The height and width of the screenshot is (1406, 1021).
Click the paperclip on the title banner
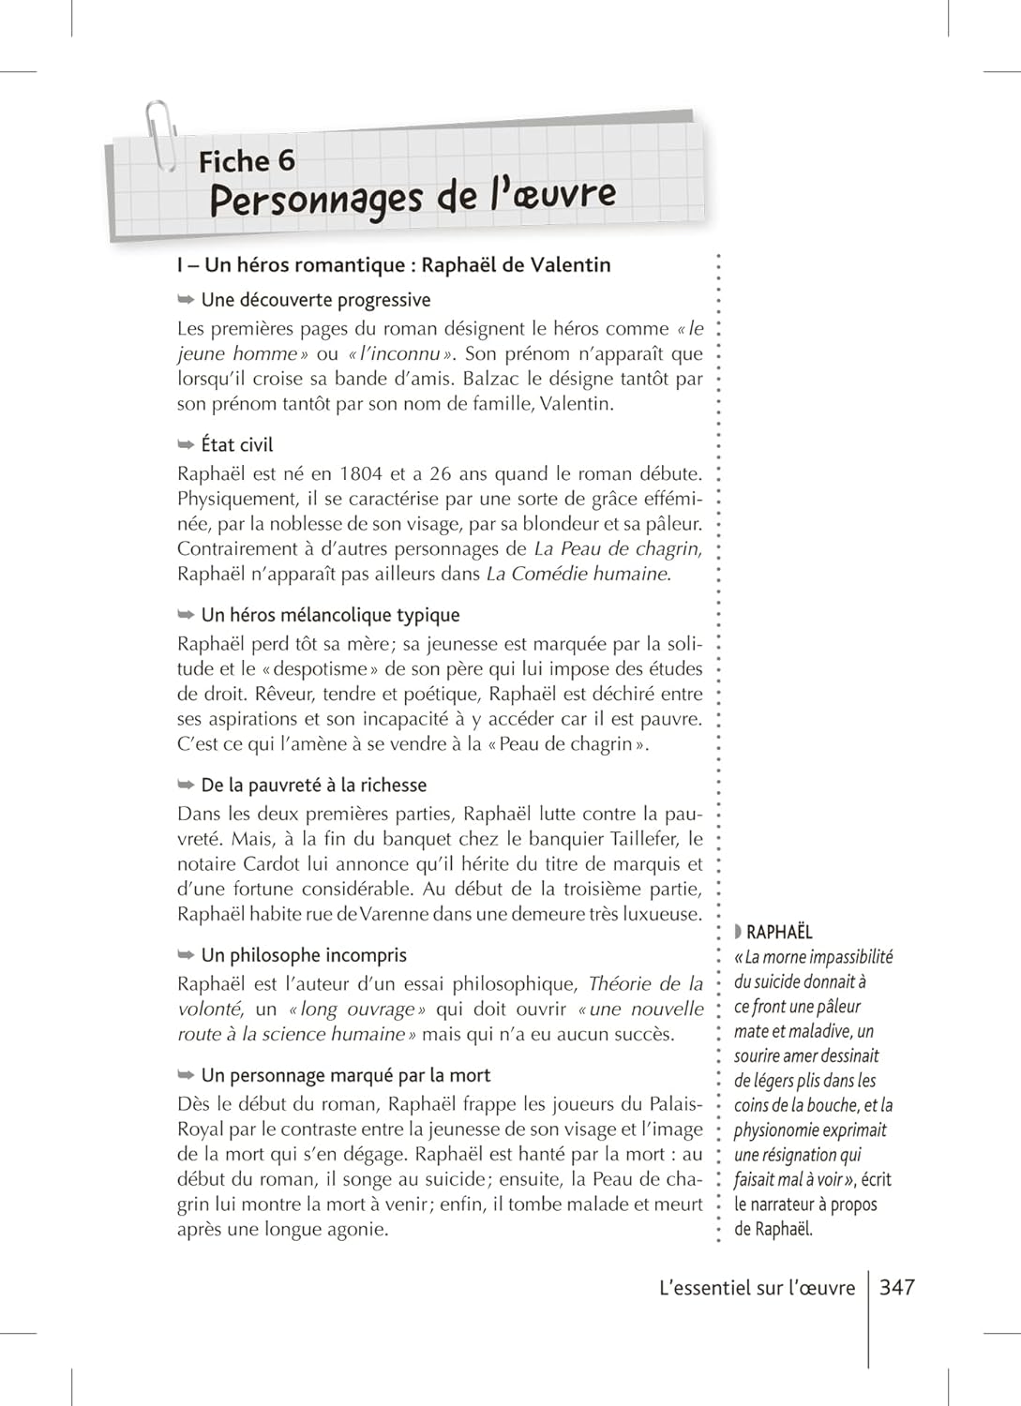(x=160, y=135)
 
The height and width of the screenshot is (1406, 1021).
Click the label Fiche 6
(x=247, y=161)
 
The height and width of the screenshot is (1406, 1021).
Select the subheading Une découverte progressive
(x=316, y=300)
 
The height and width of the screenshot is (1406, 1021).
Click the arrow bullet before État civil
(x=186, y=444)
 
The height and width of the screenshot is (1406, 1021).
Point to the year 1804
(x=361, y=473)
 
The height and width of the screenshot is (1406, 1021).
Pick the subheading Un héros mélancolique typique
(x=330, y=615)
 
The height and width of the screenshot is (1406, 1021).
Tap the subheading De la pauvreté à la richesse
(x=313, y=785)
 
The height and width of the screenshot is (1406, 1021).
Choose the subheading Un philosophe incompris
(x=304, y=955)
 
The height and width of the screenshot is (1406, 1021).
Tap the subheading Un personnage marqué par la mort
(x=345, y=1075)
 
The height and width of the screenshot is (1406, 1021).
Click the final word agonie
(x=359, y=1230)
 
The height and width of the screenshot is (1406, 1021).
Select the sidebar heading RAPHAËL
(x=779, y=932)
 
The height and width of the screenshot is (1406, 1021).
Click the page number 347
(x=896, y=1288)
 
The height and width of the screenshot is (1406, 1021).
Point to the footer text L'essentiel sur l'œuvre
(x=758, y=1288)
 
